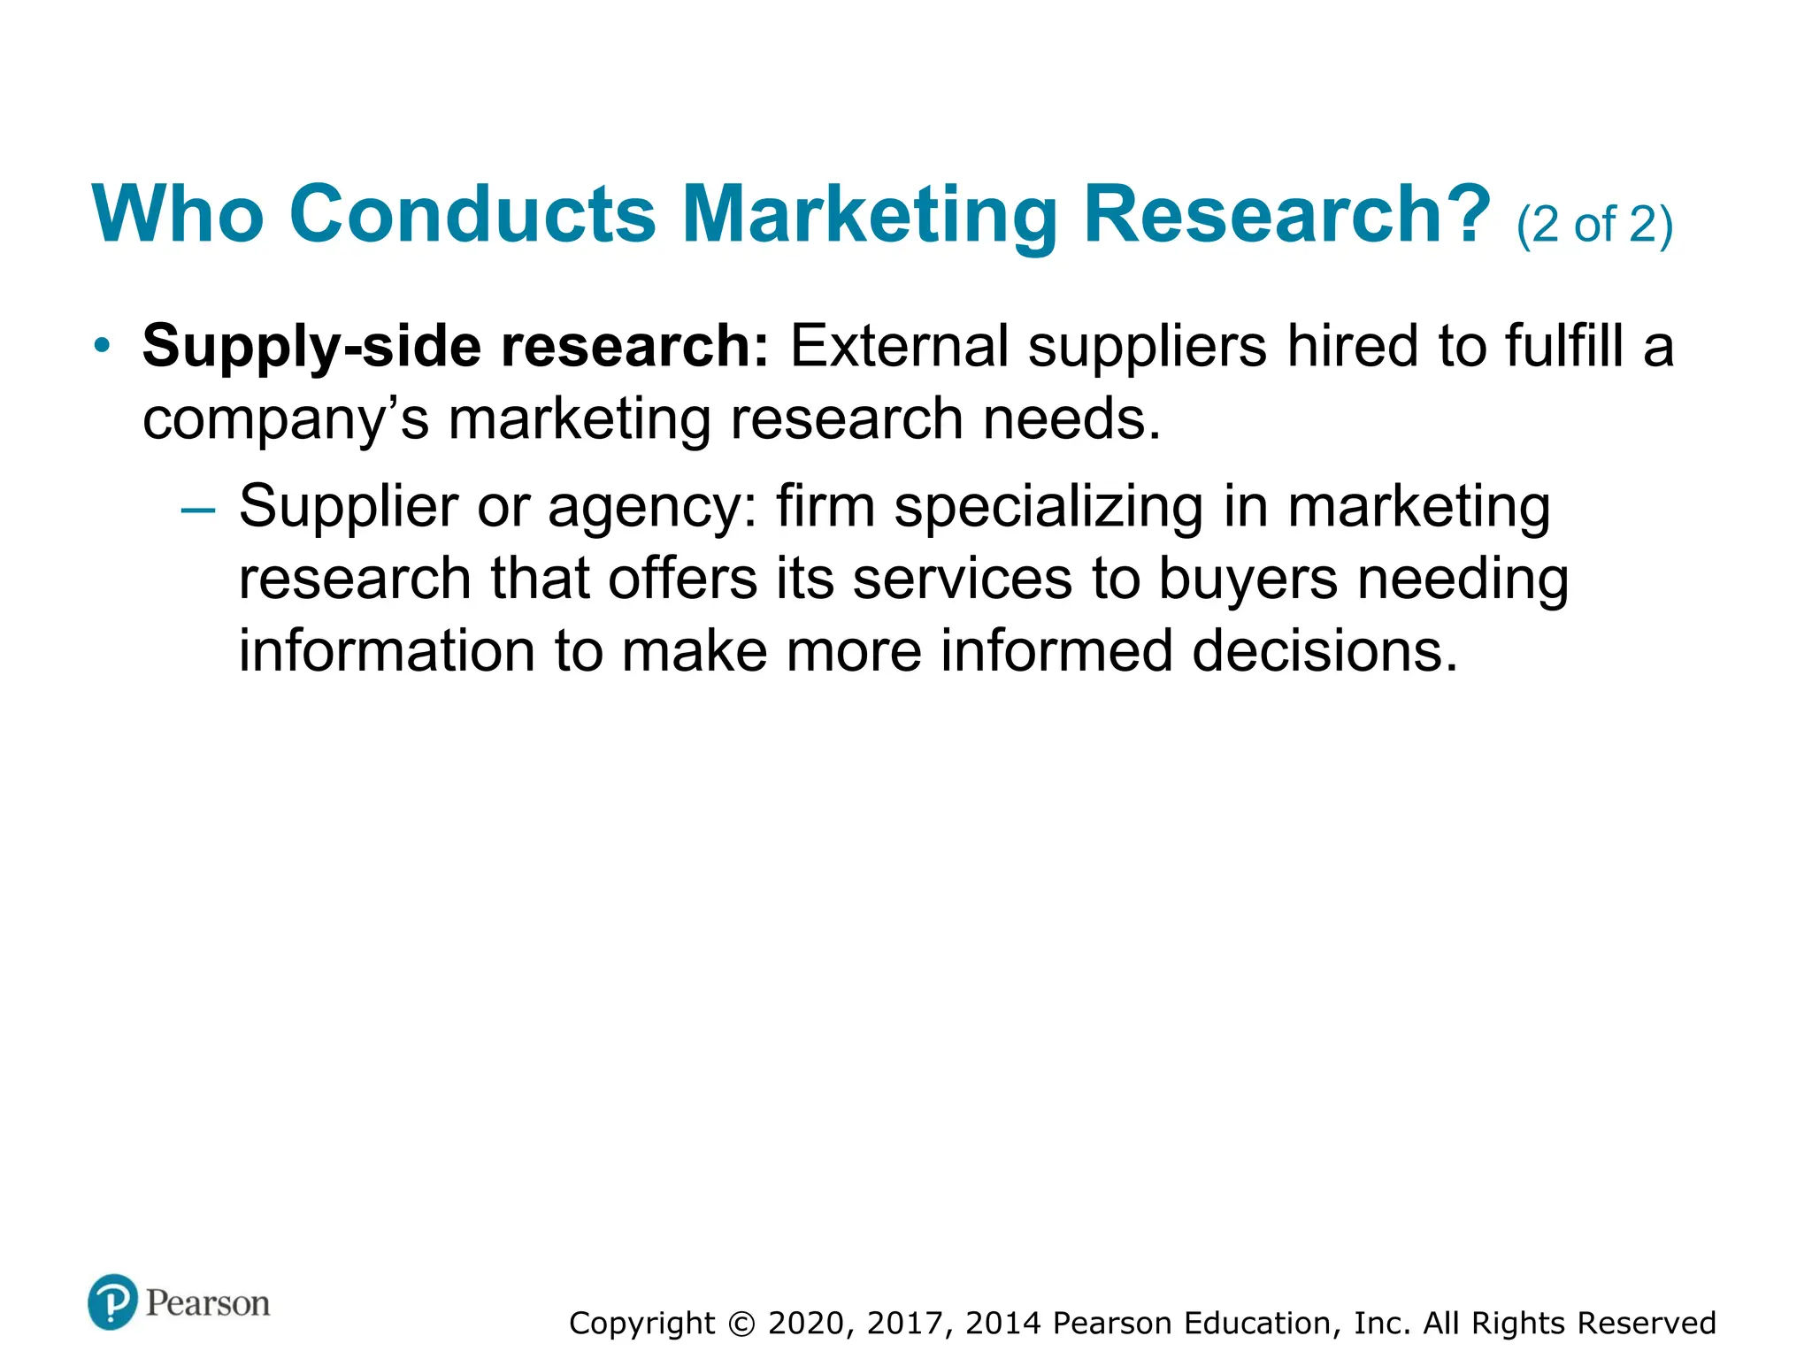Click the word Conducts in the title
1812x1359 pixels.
click(x=472, y=214)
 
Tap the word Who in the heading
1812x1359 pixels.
click(x=178, y=214)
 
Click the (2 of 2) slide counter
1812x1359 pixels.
click(x=1594, y=225)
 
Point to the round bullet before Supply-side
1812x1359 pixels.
click(x=103, y=345)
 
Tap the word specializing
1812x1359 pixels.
click(x=1048, y=509)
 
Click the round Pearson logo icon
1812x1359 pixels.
click(x=113, y=1301)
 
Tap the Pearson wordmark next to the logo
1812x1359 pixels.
click(x=208, y=1303)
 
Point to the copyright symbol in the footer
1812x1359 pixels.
click(x=741, y=1324)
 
